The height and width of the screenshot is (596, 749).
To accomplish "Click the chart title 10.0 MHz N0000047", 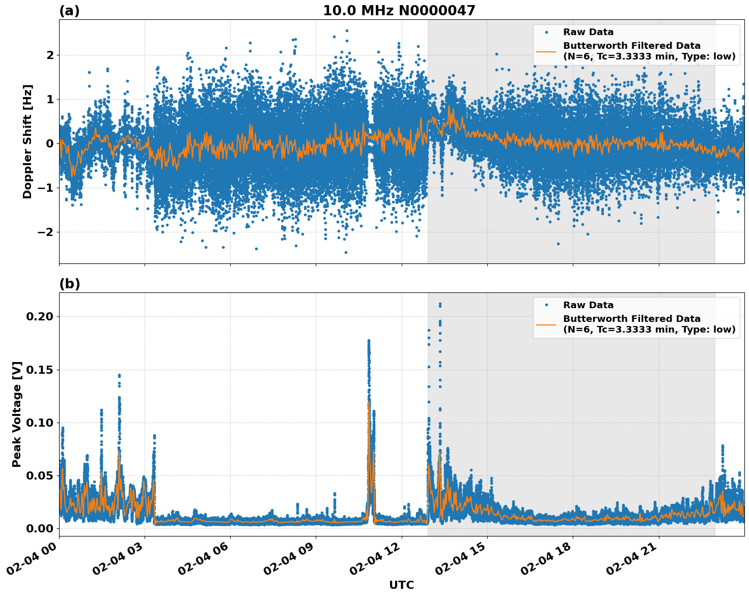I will tap(399, 11).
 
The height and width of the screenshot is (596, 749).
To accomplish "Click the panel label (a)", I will tap(69, 11).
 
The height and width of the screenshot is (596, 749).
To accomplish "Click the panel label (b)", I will tap(69, 284).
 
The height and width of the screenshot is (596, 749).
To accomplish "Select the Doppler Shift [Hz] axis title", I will tap(27, 141).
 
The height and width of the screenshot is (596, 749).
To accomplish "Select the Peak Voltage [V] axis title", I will tap(17, 414).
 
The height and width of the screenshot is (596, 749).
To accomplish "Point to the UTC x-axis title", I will tap(401, 585).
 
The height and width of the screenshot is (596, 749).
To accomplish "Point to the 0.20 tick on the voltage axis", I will tap(39, 316).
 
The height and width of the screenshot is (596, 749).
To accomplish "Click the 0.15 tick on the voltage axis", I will tap(39, 370).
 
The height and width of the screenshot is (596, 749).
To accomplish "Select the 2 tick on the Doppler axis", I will tap(50, 55).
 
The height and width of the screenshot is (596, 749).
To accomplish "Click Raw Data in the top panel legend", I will tap(588, 32).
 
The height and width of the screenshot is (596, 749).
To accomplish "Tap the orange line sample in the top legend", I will tap(546, 51).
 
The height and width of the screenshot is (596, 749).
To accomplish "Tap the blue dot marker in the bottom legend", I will tap(546, 305).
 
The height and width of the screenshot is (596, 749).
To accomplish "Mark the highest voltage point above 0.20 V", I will tap(440, 304).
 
